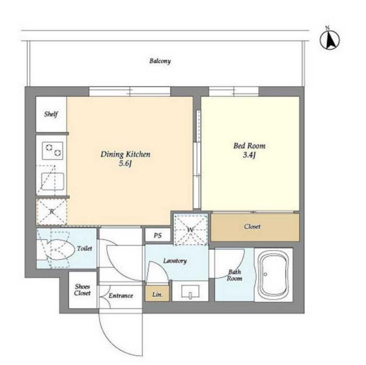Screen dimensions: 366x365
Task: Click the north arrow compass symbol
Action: (x=329, y=39)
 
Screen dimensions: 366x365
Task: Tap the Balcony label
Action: (x=160, y=61)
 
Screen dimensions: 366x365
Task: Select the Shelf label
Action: (x=51, y=114)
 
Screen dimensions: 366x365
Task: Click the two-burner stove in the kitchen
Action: (x=52, y=150)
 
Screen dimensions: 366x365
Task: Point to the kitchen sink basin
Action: (x=52, y=181)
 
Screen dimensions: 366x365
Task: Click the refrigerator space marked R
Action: (x=52, y=212)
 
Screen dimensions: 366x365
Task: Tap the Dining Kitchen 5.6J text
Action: (x=125, y=159)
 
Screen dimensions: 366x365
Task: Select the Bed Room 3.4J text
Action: (x=249, y=150)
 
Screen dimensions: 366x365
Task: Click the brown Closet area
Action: (x=255, y=227)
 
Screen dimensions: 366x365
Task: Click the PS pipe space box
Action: (x=158, y=235)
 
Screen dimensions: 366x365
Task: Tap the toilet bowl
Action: (x=60, y=250)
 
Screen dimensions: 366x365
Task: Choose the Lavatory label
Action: (x=175, y=261)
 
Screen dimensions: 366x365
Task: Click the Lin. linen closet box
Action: (x=157, y=294)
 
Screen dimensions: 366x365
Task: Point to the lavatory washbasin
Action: (x=190, y=291)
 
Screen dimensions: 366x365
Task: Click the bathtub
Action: (x=273, y=275)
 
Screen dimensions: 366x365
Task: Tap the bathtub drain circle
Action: (x=265, y=274)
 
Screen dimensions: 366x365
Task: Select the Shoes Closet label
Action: (x=82, y=290)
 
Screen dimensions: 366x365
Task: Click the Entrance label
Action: (x=121, y=296)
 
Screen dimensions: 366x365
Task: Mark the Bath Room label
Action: (x=234, y=275)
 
